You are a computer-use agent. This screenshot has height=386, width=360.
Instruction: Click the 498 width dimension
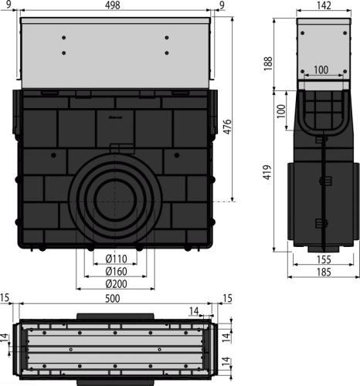113,5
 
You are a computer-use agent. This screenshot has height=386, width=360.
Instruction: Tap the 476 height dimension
227,127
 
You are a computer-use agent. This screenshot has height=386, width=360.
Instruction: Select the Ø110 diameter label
117,259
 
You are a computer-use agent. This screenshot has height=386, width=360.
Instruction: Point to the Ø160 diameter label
117,271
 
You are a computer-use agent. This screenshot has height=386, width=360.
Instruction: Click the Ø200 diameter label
117,284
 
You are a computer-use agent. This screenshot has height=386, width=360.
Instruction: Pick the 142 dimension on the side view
324,5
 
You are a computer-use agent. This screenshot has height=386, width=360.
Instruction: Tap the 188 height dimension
268,63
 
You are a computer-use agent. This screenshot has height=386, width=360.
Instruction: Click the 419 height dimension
268,172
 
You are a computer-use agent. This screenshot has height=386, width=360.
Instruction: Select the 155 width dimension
324,259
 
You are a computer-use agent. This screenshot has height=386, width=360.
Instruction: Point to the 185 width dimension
324,272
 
